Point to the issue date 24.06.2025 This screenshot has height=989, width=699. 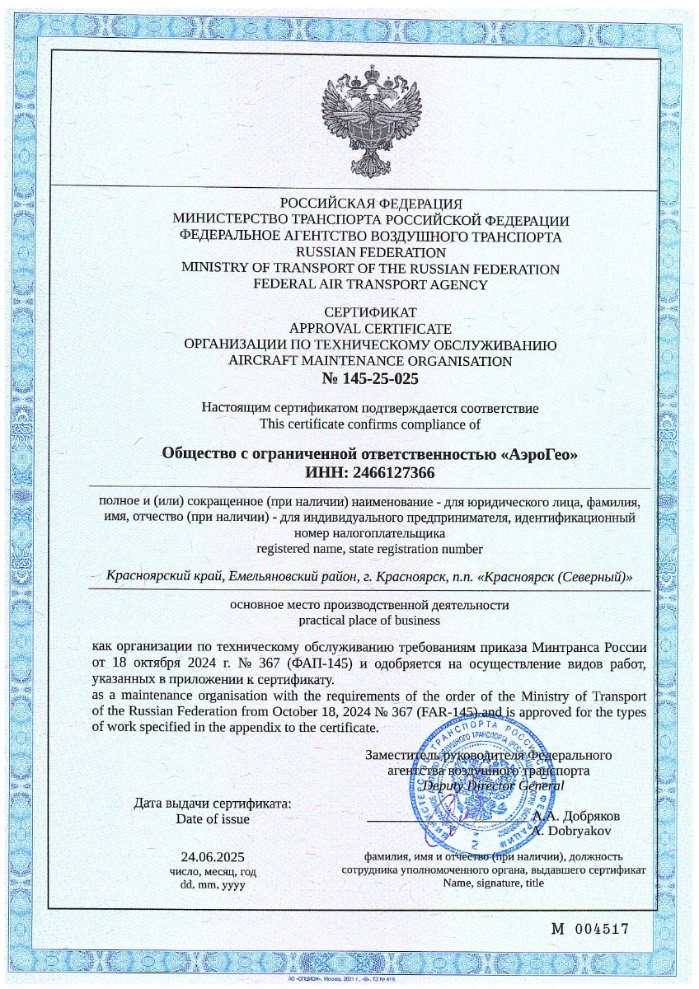click(213, 856)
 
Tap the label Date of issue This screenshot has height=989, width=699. click(213, 819)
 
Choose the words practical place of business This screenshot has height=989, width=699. click(370, 620)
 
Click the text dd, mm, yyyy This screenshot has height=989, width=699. click(213, 884)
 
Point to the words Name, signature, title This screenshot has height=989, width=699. click(493, 883)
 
